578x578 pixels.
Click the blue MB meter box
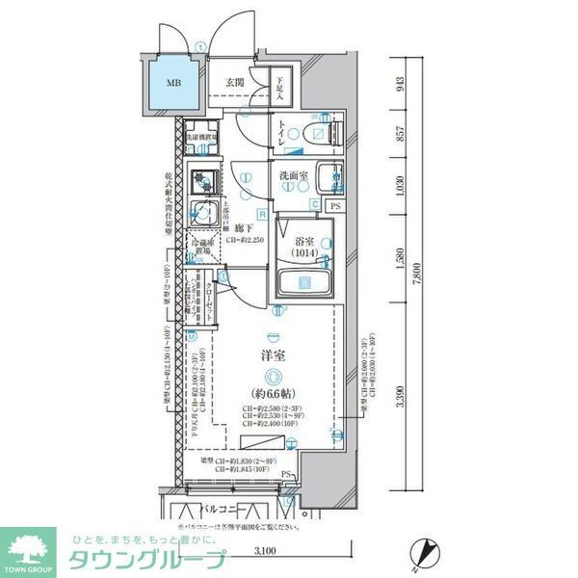[x=173, y=84]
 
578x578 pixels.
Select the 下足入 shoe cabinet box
[x=278, y=89]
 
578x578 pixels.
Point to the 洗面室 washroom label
[x=294, y=176]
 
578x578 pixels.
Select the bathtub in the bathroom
[x=304, y=283]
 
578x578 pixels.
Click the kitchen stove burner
[x=202, y=180]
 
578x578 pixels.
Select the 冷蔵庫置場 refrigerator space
[x=202, y=245]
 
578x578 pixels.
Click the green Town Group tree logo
[x=30, y=550]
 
